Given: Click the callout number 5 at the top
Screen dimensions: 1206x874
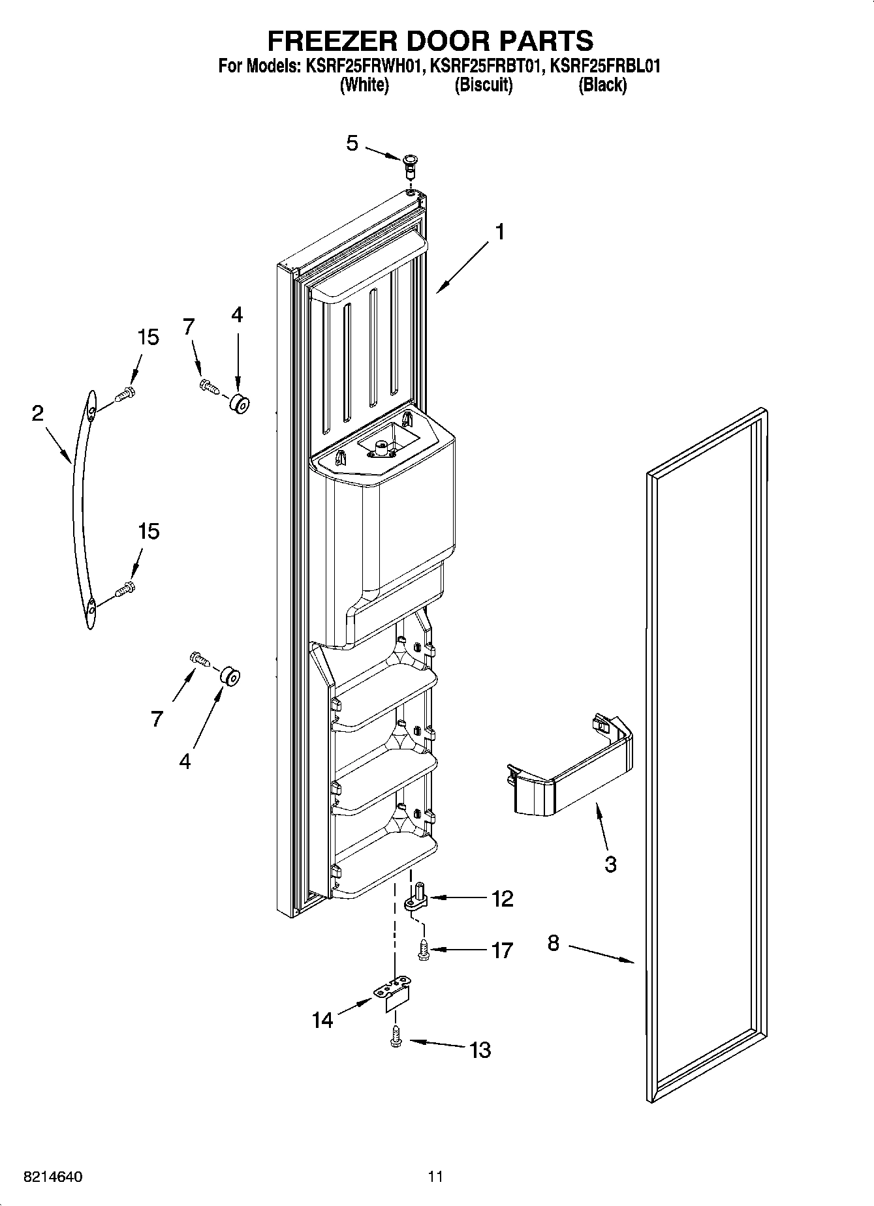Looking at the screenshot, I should pos(352,143).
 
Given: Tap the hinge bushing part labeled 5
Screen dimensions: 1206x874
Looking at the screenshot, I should pos(409,166).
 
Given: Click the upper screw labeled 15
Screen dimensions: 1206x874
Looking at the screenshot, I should pos(124,395).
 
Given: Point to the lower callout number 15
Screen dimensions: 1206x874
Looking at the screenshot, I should pos(148,532).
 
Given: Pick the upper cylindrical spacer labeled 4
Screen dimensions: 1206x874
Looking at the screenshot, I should pos(238,405).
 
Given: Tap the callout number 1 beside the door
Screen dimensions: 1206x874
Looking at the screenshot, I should pos(499,232).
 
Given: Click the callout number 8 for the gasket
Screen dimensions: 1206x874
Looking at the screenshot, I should pos(553,942).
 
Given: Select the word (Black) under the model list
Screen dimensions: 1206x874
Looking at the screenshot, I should pos(602,85).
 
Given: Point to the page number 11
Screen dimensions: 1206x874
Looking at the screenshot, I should pos(435,1177).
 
